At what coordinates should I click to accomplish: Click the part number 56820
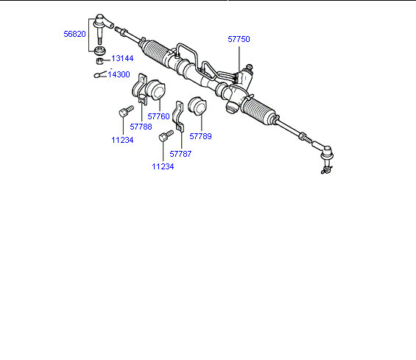(x=74, y=34)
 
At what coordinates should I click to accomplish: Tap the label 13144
(x=122, y=58)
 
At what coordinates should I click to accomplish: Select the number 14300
(x=119, y=74)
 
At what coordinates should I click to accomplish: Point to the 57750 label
(x=239, y=39)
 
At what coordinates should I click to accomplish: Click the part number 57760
(x=158, y=116)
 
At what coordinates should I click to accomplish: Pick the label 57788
(x=141, y=127)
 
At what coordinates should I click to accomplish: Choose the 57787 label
(x=180, y=154)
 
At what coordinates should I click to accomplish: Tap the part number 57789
(x=200, y=136)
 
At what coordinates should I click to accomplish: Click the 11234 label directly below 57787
(x=163, y=166)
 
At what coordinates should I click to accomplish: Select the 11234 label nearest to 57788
(x=122, y=140)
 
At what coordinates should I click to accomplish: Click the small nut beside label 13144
(x=99, y=61)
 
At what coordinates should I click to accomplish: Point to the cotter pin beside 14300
(x=99, y=74)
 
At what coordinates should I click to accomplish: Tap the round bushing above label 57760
(x=156, y=89)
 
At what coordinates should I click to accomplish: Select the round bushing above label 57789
(x=197, y=106)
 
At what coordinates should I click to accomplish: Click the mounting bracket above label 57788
(x=140, y=89)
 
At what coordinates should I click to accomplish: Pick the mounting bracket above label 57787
(x=178, y=116)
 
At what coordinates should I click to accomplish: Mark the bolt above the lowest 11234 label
(x=166, y=135)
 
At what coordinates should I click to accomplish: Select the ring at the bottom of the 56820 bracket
(x=99, y=49)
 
